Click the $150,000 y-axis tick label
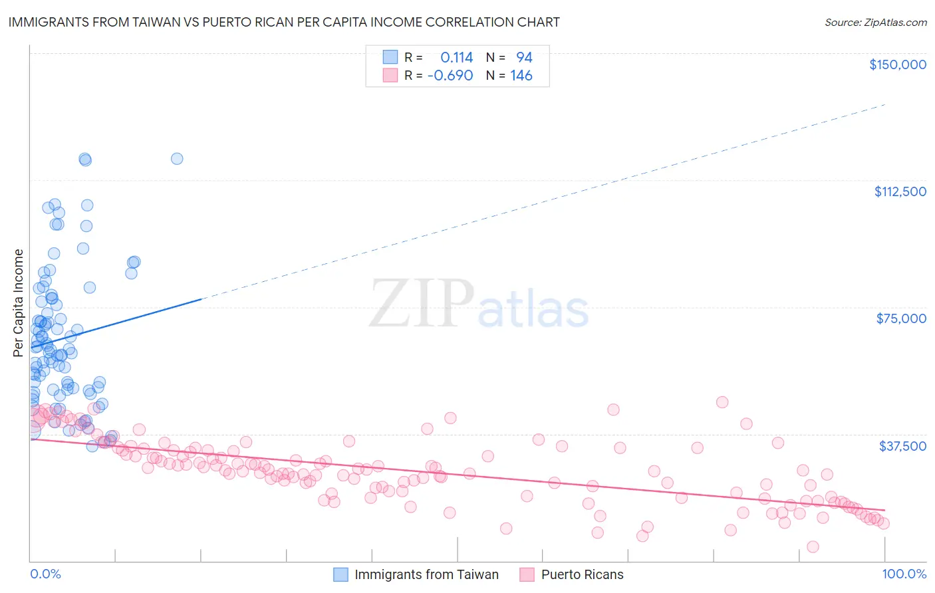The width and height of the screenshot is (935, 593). (x=897, y=64)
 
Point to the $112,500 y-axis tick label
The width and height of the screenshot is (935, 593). (x=900, y=191)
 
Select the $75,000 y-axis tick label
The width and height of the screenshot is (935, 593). (x=901, y=318)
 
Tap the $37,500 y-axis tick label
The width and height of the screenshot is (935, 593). (x=902, y=446)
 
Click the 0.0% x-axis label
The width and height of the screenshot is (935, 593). (x=45, y=574)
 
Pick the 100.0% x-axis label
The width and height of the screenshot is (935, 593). (x=904, y=574)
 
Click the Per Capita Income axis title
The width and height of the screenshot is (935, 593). (x=19, y=302)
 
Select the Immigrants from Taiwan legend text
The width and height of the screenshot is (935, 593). (x=426, y=575)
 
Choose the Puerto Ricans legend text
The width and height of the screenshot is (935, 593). (x=582, y=575)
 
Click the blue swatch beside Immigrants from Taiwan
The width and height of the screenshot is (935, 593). (x=340, y=575)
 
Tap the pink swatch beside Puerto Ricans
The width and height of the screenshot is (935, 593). (x=527, y=575)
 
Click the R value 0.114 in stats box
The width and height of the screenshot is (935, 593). (x=456, y=57)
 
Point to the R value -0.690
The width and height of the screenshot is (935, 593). (x=450, y=76)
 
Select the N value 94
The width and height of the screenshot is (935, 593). (x=524, y=57)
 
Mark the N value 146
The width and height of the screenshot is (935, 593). (x=521, y=76)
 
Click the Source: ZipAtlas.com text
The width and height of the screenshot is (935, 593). (x=875, y=23)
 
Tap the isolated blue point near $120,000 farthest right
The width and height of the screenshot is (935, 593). (x=177, y=158)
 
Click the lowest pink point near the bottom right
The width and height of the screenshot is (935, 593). (x=813, y=546)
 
